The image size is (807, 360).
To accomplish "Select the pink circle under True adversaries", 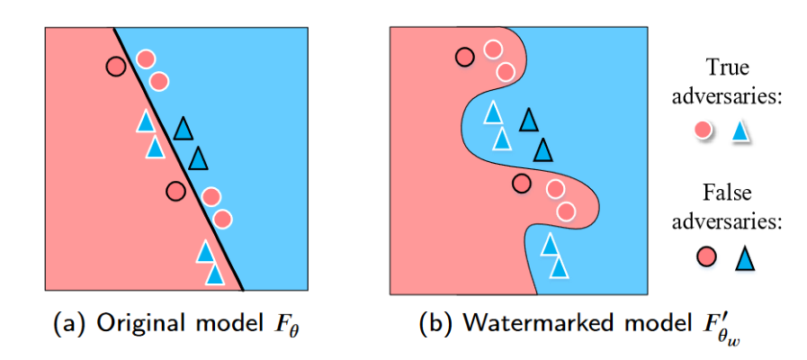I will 704,131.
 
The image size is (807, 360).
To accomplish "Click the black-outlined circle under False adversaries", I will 704,257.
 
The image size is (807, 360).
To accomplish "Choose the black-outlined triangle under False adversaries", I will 742,258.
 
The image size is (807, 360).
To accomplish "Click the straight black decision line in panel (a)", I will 180,162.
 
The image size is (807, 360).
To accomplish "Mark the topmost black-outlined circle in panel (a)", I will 114,66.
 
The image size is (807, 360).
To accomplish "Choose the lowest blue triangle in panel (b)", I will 559,266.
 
